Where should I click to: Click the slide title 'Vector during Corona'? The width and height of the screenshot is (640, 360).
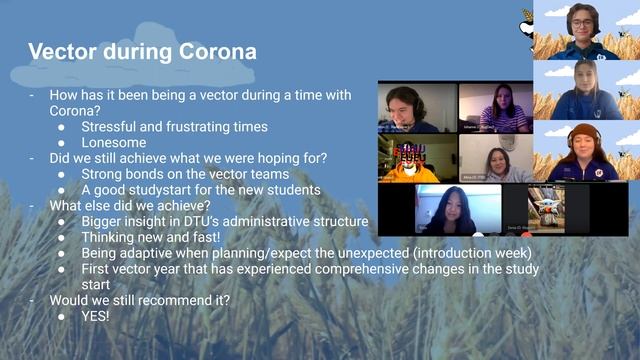coord(141,51)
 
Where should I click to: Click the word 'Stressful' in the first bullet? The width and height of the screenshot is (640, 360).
coord(111,127)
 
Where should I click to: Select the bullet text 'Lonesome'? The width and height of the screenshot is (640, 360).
coord(114,143)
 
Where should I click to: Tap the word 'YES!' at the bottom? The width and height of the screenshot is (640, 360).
coord(96,315)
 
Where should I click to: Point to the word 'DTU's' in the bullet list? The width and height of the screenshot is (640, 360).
coord(203,222)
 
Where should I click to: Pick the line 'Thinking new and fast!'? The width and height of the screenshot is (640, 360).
coord(151,237)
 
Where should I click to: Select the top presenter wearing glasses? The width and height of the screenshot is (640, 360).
coord(584,30)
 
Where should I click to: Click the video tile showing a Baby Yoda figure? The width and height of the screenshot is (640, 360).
coord(546,209)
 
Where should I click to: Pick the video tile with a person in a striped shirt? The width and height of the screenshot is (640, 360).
coord(496,107)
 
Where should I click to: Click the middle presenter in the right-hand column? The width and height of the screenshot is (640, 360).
coord(585,91)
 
